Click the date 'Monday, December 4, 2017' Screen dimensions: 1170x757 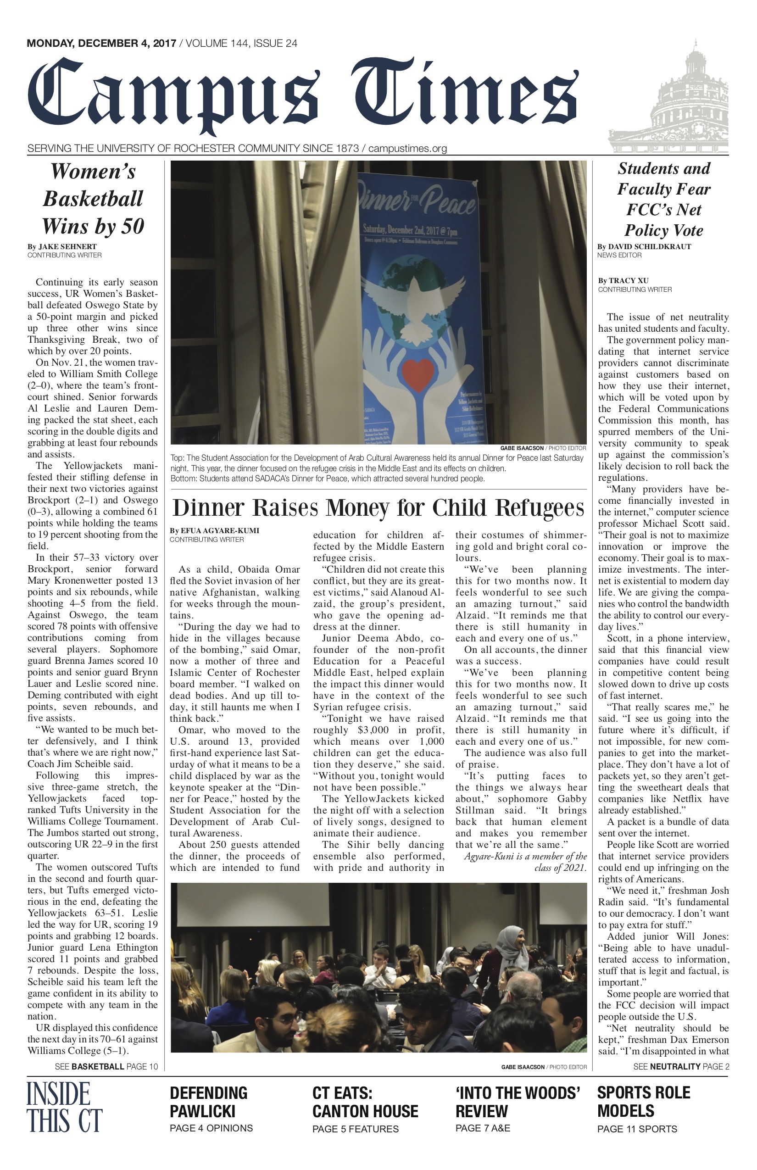point(101,44)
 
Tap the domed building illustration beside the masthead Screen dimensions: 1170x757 point(668,98)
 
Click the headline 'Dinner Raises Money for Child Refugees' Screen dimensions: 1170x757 point(378,508)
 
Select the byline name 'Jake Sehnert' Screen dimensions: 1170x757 point(67,247)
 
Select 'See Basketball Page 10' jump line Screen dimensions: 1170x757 point(106,1067)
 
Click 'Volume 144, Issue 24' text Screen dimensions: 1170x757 point(241,44)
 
